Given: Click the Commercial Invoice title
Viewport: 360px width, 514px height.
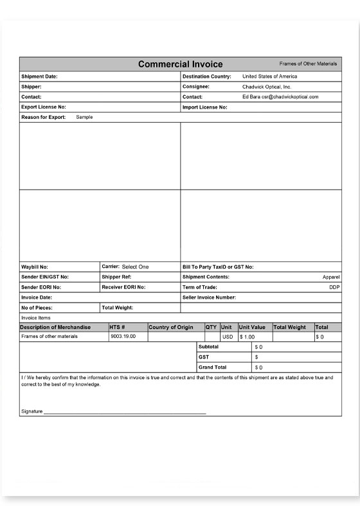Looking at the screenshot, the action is coord(181,64).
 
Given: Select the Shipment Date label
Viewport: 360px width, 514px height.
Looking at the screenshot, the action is coord(39,76).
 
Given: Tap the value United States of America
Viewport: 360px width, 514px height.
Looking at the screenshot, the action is coord(269,76).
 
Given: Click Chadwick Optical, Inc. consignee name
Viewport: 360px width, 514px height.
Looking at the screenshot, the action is coord(267,87).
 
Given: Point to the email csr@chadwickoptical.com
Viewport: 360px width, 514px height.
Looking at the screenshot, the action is coord(294,97).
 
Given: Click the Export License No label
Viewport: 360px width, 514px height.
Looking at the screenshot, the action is coord(44,107).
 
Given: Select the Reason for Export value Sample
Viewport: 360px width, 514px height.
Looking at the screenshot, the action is coord(84,118).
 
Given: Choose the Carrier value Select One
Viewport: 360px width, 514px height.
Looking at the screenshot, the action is coord(135,267).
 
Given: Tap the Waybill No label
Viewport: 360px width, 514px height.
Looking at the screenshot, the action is coord(35,267).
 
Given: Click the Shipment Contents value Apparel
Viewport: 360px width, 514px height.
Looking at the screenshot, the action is coord(330,277).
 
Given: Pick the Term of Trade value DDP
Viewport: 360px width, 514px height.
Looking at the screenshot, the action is coord(334,287).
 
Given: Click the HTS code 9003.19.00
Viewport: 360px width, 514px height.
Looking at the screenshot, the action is coord(123,337).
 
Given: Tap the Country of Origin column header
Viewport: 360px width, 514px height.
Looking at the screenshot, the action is coord(170,328).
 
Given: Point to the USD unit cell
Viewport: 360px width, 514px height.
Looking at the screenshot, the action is coord(228,337).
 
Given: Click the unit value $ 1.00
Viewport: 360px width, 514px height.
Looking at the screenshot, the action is coord(248,337).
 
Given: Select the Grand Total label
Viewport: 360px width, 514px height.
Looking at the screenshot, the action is coord(213,368).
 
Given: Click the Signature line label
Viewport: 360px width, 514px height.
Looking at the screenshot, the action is coord(32,411).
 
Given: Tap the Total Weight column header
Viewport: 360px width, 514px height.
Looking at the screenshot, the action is coord(289,328).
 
